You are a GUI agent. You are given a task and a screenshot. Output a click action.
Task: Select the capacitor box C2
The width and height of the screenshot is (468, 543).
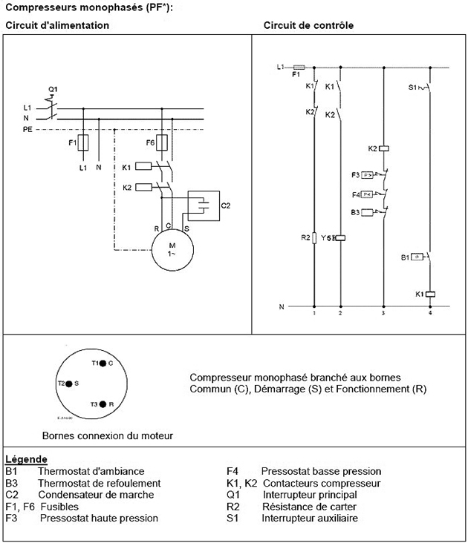(204, 205)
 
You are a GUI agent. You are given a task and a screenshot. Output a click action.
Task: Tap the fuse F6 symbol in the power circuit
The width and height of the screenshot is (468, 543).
(161, 142)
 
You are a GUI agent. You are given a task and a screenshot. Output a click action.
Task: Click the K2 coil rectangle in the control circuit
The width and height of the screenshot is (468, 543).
(385, 148)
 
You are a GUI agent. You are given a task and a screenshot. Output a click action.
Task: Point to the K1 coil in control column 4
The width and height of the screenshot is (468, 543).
(429, 294)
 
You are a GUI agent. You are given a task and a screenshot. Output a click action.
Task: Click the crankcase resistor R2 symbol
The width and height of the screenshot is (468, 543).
(315, 237)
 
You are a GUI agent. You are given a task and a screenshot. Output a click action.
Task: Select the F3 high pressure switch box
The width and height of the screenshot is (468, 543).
(366, 175)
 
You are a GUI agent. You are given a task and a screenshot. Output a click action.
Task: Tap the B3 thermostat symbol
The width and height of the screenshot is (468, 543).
(366, 212)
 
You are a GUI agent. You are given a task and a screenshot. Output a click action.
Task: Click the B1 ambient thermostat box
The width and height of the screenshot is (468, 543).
(416, 257)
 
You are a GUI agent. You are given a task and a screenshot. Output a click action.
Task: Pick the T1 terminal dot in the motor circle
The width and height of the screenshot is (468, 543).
(105, 363)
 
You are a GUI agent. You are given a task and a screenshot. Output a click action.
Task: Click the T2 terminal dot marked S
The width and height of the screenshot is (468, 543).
(68, 384)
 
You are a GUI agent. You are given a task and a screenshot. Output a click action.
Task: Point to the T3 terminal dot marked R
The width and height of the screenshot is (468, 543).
(105, 404)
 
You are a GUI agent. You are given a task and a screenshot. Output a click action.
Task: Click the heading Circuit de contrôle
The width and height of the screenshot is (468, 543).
(308, 25)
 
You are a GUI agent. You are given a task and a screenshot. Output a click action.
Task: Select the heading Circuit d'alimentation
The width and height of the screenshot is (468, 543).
(57, 25)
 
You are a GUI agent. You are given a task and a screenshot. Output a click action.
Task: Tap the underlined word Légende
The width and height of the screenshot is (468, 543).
(26, 460)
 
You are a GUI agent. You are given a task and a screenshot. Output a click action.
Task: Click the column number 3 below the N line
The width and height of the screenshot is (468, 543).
(384, 314)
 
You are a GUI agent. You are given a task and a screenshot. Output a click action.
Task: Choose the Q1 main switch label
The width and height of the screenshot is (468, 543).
(52, 89)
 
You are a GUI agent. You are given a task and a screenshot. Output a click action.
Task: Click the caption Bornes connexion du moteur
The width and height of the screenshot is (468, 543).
(108, 435)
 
